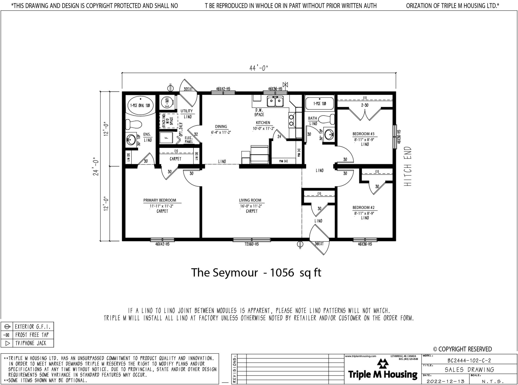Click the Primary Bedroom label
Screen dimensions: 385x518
pos(160,200)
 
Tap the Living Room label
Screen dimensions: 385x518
pos(250,200)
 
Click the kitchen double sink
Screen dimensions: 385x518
pos(275,102)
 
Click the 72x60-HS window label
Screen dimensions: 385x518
pos(251,244)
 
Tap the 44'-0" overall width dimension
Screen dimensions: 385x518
pos(258,68)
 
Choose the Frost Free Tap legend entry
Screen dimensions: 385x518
pos(32,335)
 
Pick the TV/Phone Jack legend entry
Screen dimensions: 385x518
pos(31,343)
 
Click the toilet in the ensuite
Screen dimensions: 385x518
pos(133,124)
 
